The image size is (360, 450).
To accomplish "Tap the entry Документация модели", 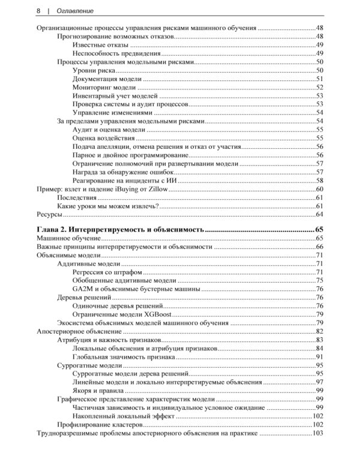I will tap(107, 79).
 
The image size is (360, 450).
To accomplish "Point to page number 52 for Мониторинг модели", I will tap(320, 87).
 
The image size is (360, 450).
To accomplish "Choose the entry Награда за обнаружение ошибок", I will tap(123, 172).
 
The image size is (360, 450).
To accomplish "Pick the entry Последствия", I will tap(77, 197).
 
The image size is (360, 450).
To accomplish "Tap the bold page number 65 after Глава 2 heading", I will tap(319, 230).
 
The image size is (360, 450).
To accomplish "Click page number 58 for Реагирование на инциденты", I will tap(320, 180).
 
